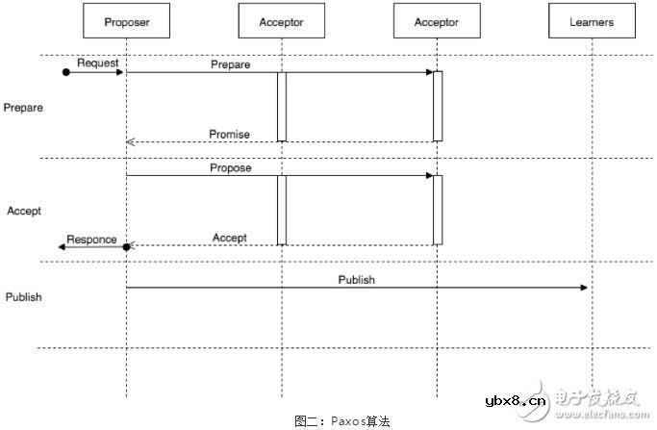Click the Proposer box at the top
pyautogui.click(x=126, y=21)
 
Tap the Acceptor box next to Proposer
pyautogui.click(x=281, y=21)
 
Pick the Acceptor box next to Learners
pyautogui.click(x=436, y=21)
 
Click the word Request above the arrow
pyautogui.click(x=97, y=63)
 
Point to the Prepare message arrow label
pyautogui.click(x=230, y=64)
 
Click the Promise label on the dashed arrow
pyautogui.click(x=229, y=134)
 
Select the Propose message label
pyautogui.click(x=230, y=167)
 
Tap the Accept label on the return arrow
pyautogui.click(x=229, y=238)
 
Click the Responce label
pyautogui.click(x=91, y=239)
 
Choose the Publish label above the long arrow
pyautogui.click(x=356, y=280)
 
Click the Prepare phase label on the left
pyautogui.click(x=23, y=108)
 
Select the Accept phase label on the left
pyautogui.click(x=23, y=210)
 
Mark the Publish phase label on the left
pyautogui.click(x=23, y=297)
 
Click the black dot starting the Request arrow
pyautogui.click(x=65, y=72)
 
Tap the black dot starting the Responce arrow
pyautogui.click(x=126, y=247)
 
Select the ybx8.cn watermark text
pyautogui.click(x=515, y=400)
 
